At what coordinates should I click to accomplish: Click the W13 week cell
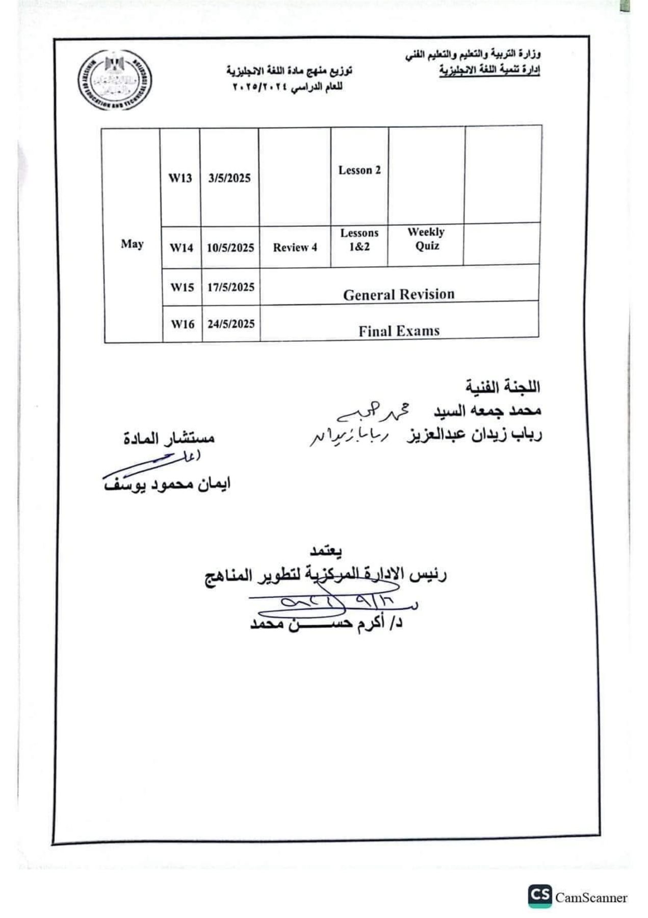click(180, 178)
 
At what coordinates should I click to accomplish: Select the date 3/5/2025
click(229, 178)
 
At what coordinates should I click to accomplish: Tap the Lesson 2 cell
click(359, 170)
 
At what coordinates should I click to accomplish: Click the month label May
click(132, 244)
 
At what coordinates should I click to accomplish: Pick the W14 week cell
click(182, 248)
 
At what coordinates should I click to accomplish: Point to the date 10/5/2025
click(230, 248)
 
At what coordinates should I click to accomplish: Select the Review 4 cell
click(295, 248)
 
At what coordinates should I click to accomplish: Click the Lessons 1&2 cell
click(359, 240)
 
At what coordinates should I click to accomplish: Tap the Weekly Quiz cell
click(426, 239)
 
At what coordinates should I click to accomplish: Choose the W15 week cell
click(182, 287)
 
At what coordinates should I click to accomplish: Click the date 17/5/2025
click(231, 287)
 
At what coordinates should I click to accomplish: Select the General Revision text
click(399, 294)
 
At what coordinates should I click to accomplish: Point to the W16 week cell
click(183, 324)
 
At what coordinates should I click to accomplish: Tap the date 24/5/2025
click(231, 324)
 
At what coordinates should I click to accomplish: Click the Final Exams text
click(399, 331)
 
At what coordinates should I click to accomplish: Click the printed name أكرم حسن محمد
click(326, 623)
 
